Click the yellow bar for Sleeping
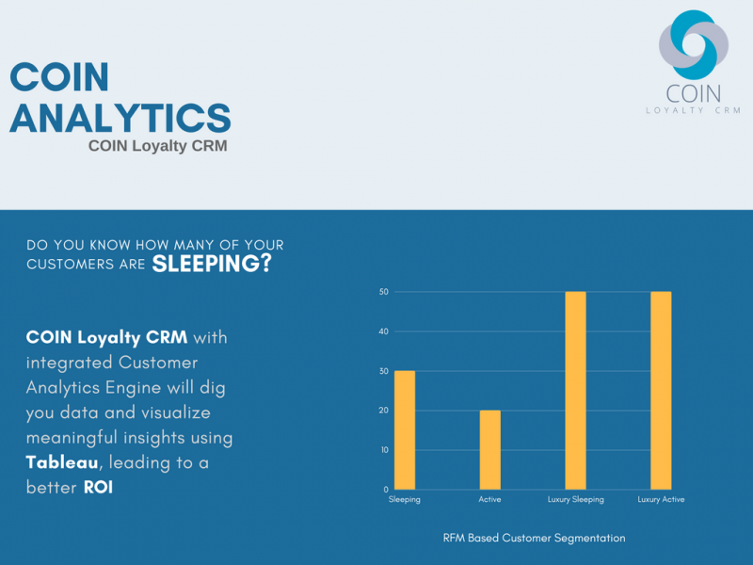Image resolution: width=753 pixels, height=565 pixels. click(x=405, y=430)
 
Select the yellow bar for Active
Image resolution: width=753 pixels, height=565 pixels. click(x=489, y=450)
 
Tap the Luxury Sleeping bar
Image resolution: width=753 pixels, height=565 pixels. click(x=575, y=391)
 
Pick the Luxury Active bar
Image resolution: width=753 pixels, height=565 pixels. click(x=661, y=391)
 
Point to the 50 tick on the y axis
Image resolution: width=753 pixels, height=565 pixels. click(x=384, y=292)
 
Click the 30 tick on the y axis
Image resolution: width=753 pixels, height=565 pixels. click(x=384, y=371)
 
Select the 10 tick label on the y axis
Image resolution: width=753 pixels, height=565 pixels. click(x=385, y=450)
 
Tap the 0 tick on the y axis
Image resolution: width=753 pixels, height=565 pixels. click(x=386, y=490)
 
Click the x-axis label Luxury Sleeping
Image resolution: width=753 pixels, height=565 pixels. click(x=576, y=500)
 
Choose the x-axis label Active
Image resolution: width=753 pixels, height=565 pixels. click(x=489, y=499)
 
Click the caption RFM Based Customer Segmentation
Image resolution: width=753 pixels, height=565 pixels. click(x=534, y=538)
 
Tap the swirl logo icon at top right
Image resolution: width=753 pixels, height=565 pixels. click(x=694, y=44)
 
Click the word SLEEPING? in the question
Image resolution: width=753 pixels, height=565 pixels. click(x=212, y=264)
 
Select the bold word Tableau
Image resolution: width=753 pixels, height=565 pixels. click(x=62, y=462)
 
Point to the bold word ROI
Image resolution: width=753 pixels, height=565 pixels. click(x=99, y=487)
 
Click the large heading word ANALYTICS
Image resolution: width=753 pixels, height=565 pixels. click(x=120, y=119)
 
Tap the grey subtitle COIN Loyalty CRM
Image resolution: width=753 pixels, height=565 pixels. click(x=158, y=146)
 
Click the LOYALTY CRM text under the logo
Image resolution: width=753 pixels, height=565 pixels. click(x=694, y=110)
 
